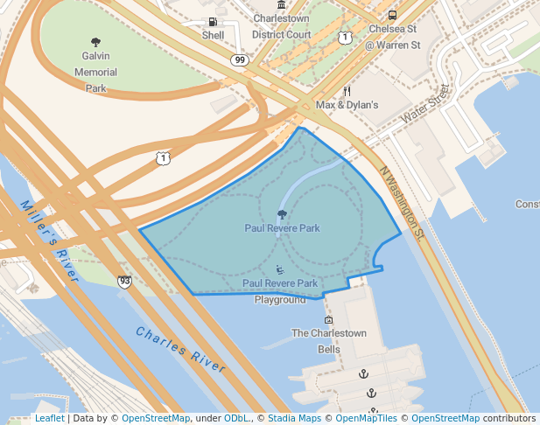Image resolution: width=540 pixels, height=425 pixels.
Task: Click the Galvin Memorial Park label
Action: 95,72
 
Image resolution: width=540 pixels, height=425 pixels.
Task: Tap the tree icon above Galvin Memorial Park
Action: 95,42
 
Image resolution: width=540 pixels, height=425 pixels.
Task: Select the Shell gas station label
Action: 213,36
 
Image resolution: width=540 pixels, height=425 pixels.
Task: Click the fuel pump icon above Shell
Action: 213,21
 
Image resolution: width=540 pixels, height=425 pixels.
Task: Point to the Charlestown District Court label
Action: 281,26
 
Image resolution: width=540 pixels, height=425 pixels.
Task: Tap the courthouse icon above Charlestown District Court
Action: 281,4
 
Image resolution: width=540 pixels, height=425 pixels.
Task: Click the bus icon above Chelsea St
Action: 392,15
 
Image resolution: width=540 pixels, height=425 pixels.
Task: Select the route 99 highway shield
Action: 239,59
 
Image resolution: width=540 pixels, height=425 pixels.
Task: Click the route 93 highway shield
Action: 125,281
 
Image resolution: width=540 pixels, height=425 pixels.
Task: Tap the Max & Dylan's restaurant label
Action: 347,105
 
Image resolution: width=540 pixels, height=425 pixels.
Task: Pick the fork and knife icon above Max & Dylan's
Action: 347,90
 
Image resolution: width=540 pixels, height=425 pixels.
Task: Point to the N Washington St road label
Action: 402,203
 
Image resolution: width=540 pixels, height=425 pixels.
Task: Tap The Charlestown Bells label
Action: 328,341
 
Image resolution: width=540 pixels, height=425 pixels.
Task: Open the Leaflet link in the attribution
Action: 49,418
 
